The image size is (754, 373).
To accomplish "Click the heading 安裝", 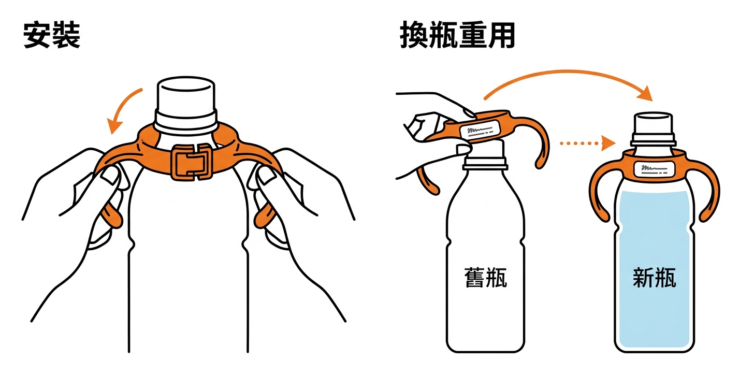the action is pos(52,35).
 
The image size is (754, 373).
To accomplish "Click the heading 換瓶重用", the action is pos(457,35).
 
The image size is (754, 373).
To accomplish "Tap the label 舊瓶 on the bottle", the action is pos(485,277).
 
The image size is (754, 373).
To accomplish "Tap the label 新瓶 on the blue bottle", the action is pos(654,277).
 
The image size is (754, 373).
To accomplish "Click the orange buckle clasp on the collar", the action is pos(192,162).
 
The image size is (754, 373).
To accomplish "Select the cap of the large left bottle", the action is pos(186,104).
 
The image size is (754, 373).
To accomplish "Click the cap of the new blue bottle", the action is pos(653,129).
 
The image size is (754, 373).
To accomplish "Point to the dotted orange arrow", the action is pos(587,144).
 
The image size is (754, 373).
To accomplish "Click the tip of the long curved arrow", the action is pos(652,101).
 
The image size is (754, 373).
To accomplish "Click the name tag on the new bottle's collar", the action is pos(654,169).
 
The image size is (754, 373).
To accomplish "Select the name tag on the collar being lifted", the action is pos(480,130).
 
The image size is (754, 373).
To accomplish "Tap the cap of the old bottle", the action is pos(485,155).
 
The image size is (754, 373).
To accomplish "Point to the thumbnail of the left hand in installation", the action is pos(110,176).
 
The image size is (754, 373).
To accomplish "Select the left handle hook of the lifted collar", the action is pos(428,182).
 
